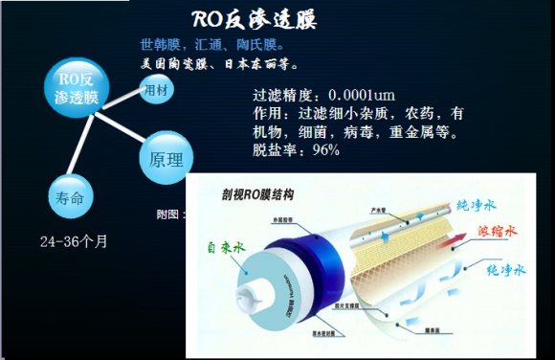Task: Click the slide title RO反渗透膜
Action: point(254,20)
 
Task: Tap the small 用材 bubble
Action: point(155,91)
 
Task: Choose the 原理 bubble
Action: point(166,159)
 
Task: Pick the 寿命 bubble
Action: point(72,198)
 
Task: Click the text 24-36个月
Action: point(74,240)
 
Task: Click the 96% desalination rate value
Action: point(324,150)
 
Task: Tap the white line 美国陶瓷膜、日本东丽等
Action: point(220,65)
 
